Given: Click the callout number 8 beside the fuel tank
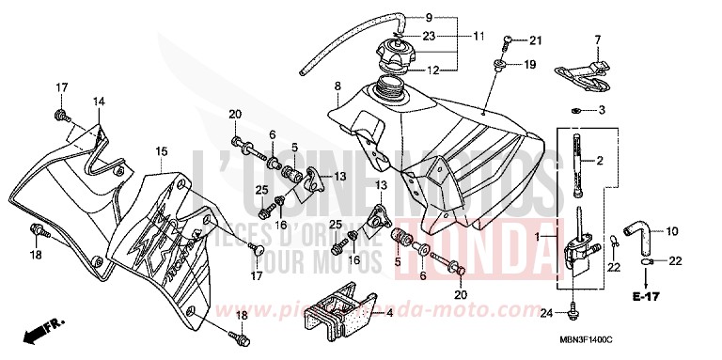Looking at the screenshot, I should pyautogui.click(x=337, y=87).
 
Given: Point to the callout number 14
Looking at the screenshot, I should pyautogui.click(x=97, y=101).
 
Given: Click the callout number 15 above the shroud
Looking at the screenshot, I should pyautogui.click(x=162, y=150).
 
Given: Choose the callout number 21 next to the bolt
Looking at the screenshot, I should pyautogui.click(x=536, y=39).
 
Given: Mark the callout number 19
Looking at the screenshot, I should pyautogui.click(x=529, y=65).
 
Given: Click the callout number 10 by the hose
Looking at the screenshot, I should pyautogui.click(x=672, y=231).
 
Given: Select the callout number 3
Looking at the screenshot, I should pyautogui.click(x=602, y=111).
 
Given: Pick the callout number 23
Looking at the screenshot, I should pyautogui.click(x=428, y=37).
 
